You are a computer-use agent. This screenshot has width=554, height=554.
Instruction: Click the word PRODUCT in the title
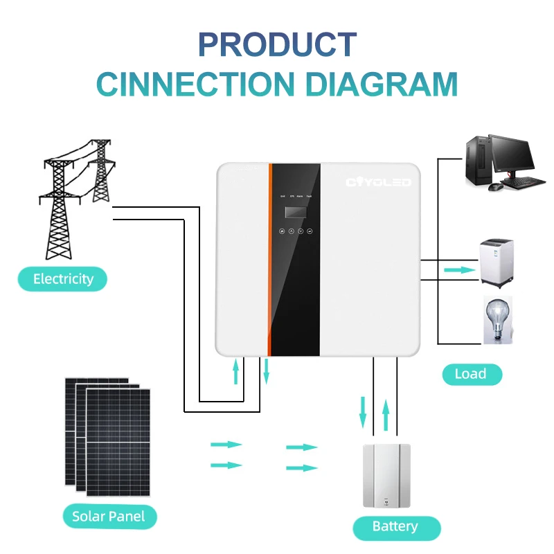pyautogui.click(x=277, y=44)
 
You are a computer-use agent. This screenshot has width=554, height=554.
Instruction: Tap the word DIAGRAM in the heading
pyautogui.click(x=382, y=84)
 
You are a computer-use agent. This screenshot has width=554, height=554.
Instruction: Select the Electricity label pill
pyautogui.click(x=63, y=279)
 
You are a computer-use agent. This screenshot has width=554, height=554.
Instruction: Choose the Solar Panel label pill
pyautogui.click(x=109, y=516)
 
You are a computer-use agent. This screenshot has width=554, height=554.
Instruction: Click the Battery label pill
pyautogui.click(x=395, y=527)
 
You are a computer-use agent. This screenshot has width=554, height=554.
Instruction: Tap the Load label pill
pyautogui.click(x=470, y=374)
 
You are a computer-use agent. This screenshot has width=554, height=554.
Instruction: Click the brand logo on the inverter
pyautogui.click(x=378, y=183)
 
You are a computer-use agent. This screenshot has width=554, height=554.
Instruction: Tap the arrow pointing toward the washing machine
pyautogui.click(x=456, y=270)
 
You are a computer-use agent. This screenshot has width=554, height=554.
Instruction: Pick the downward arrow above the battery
pyautogui.click(x=362, y=411)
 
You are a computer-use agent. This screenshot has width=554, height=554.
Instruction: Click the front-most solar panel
pyautogui.click(x=118, y=442)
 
